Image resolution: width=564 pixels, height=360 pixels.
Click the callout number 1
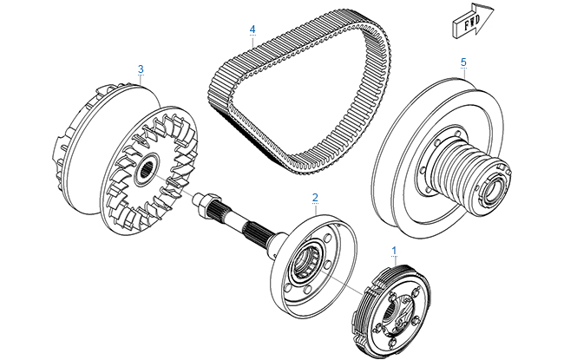click(396, 248)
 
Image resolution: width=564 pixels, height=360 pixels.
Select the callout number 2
click(315, 197)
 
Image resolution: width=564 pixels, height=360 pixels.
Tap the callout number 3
click(141, 68)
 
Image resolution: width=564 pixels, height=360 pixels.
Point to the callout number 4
click(252, 29)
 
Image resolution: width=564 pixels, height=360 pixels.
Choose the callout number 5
click(463, 62)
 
